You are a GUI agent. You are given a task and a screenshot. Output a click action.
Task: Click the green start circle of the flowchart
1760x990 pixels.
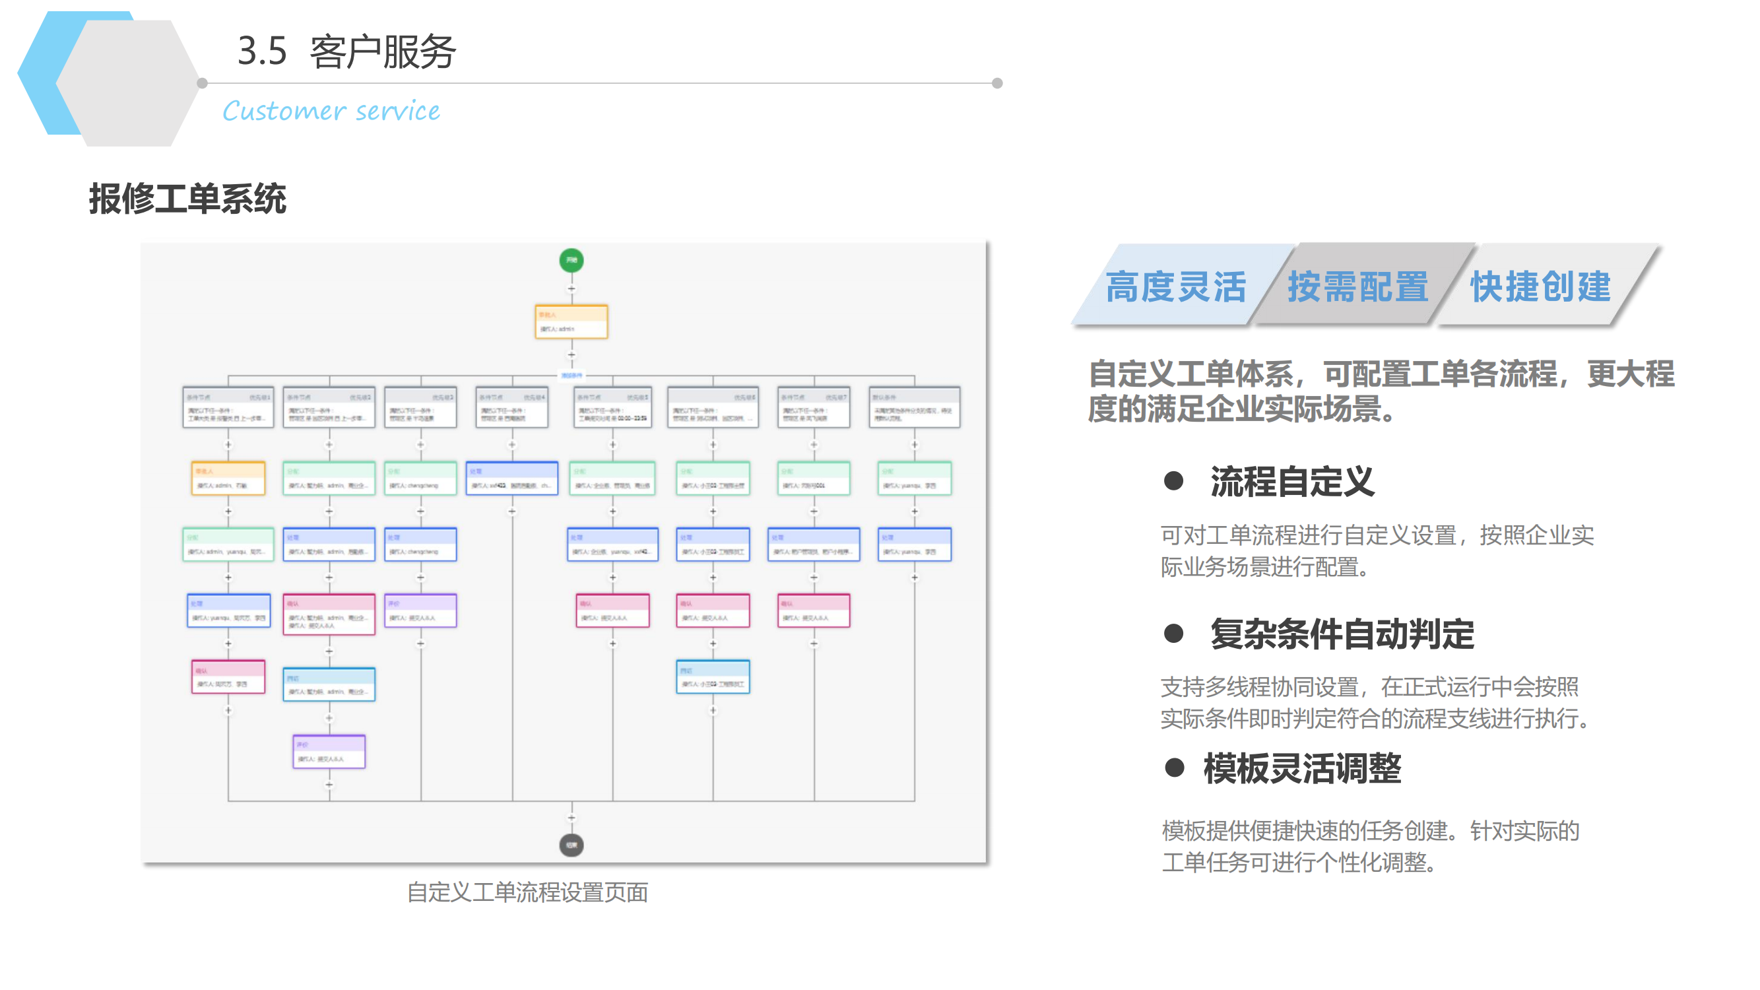[x=571, y=260]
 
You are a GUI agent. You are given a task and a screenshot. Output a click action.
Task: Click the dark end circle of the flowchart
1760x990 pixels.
[x=571, y=845]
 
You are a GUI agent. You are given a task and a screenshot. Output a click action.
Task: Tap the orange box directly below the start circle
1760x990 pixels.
[x=571, y=322]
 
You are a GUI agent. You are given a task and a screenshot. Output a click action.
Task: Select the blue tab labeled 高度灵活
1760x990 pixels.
[x=1175, y=286]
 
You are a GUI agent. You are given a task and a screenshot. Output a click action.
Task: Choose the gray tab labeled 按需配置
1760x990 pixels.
[x=1357, y=286]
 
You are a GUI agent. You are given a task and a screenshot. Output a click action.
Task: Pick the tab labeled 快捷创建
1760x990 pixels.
[x=1541, y=286]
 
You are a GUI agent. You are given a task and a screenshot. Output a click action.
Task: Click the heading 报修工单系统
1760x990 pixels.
[x=187, y=199]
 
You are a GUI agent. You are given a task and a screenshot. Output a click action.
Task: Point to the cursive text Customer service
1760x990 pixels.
[x=331, y=111]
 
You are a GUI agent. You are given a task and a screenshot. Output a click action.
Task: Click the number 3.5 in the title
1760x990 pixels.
[x=262, y=51]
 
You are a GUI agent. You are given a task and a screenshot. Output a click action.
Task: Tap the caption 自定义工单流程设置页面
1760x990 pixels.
[x=527, y=892]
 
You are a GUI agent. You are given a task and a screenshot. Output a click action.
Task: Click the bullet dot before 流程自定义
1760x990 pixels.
[x=1173, y=481]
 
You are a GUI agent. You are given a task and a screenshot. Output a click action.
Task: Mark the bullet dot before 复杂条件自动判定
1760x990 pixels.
[x=1173, y=634]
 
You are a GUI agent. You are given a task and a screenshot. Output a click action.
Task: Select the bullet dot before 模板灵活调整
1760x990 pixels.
[x=1174, y=768]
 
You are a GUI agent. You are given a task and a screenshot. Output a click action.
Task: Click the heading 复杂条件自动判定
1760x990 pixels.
[x=1342, y=634]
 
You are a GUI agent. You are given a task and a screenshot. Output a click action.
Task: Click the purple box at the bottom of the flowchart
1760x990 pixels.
[x=329, y=752]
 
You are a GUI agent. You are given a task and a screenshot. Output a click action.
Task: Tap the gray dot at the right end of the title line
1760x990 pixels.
[x=997, y=83]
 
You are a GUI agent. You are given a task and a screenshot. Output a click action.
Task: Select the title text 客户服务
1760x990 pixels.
[x=383, y=51]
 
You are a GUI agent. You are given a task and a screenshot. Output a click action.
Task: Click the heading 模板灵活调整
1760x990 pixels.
[x=1302, y=768]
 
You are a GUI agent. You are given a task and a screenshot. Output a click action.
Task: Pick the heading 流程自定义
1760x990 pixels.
[x=1292, y=481]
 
